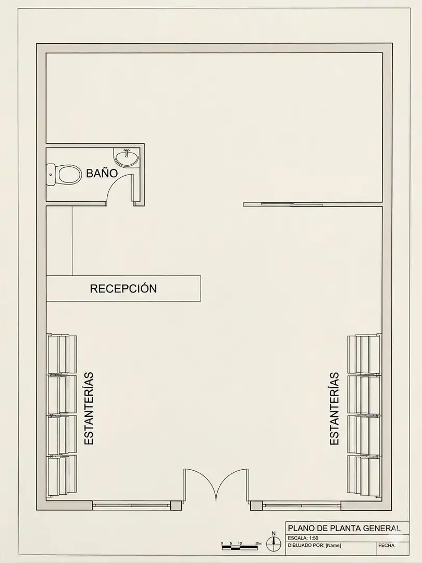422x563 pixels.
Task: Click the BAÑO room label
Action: (102, 173)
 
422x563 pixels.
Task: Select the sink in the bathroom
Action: (126, 157)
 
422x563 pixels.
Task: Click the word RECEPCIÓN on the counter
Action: (123, 288)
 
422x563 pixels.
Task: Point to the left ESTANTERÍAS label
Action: (89, 409)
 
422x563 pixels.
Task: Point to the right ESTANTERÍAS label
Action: (334, 409)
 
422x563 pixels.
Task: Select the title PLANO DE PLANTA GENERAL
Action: (344, 528)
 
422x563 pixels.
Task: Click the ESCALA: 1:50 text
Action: (303, 538)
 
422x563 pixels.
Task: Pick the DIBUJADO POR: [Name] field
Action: (314, 545)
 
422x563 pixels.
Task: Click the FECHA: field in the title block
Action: (387, 545)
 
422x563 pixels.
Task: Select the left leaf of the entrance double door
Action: (200, 485)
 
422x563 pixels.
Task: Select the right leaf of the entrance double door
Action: (231, 485)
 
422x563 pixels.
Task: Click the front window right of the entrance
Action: (302, 506)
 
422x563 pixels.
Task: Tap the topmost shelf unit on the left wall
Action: (61, 354)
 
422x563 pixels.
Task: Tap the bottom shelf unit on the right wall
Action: (364, 475)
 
